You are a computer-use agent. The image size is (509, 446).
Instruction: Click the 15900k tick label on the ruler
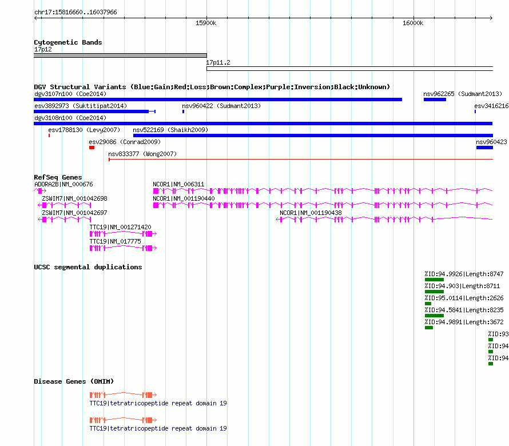click(206, 23)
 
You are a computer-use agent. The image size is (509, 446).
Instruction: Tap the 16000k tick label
click(413, 23)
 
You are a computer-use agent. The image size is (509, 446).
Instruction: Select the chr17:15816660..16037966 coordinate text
click(75, 13)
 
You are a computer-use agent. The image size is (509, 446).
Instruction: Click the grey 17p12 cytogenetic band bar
click(120, 55)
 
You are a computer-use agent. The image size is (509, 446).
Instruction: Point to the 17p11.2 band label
click(218, 62)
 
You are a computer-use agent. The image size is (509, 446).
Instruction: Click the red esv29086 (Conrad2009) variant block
click(92, 148)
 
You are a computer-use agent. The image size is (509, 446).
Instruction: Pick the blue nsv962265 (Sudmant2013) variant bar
click(435, 99)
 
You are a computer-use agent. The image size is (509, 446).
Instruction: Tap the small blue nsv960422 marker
click(184, 111)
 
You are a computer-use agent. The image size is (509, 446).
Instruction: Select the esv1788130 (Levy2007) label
click(84, 130)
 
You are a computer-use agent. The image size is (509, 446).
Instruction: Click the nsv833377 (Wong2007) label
click(142, 154)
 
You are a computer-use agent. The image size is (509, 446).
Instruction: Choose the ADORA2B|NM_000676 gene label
click(63, 184)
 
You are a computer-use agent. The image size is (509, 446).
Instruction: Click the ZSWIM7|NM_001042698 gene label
click(74, 198)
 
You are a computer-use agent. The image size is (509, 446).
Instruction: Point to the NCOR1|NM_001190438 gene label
click(311, 213)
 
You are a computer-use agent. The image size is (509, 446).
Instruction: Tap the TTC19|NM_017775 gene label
click(115, 241)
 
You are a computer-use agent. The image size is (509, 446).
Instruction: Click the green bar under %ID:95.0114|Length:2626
click(428, 304)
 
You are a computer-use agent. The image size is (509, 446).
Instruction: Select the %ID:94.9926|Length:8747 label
click(464, 274)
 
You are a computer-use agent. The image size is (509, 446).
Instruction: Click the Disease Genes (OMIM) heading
click(74, 381)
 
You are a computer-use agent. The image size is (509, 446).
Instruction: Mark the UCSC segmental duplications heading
click(88, 267)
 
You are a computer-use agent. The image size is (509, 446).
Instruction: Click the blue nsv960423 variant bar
click(484, 148)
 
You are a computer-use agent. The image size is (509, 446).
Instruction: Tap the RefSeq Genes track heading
click(58, 177)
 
